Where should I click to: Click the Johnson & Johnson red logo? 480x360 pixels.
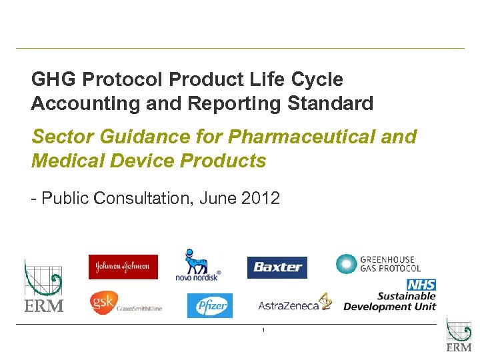[x=123, y=267]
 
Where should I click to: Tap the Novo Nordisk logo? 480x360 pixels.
[x=197, y=265]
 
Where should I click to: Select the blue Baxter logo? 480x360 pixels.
[x=277, y=267]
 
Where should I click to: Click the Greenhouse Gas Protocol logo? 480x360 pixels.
[x=378, y=263]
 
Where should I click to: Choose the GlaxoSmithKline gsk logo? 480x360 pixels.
[x=126, y=303]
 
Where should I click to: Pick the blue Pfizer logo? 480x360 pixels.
[x=210, y=305]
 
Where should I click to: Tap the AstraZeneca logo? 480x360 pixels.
[x=294, y=304]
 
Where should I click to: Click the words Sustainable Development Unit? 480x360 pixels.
[x=390, y=301]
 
